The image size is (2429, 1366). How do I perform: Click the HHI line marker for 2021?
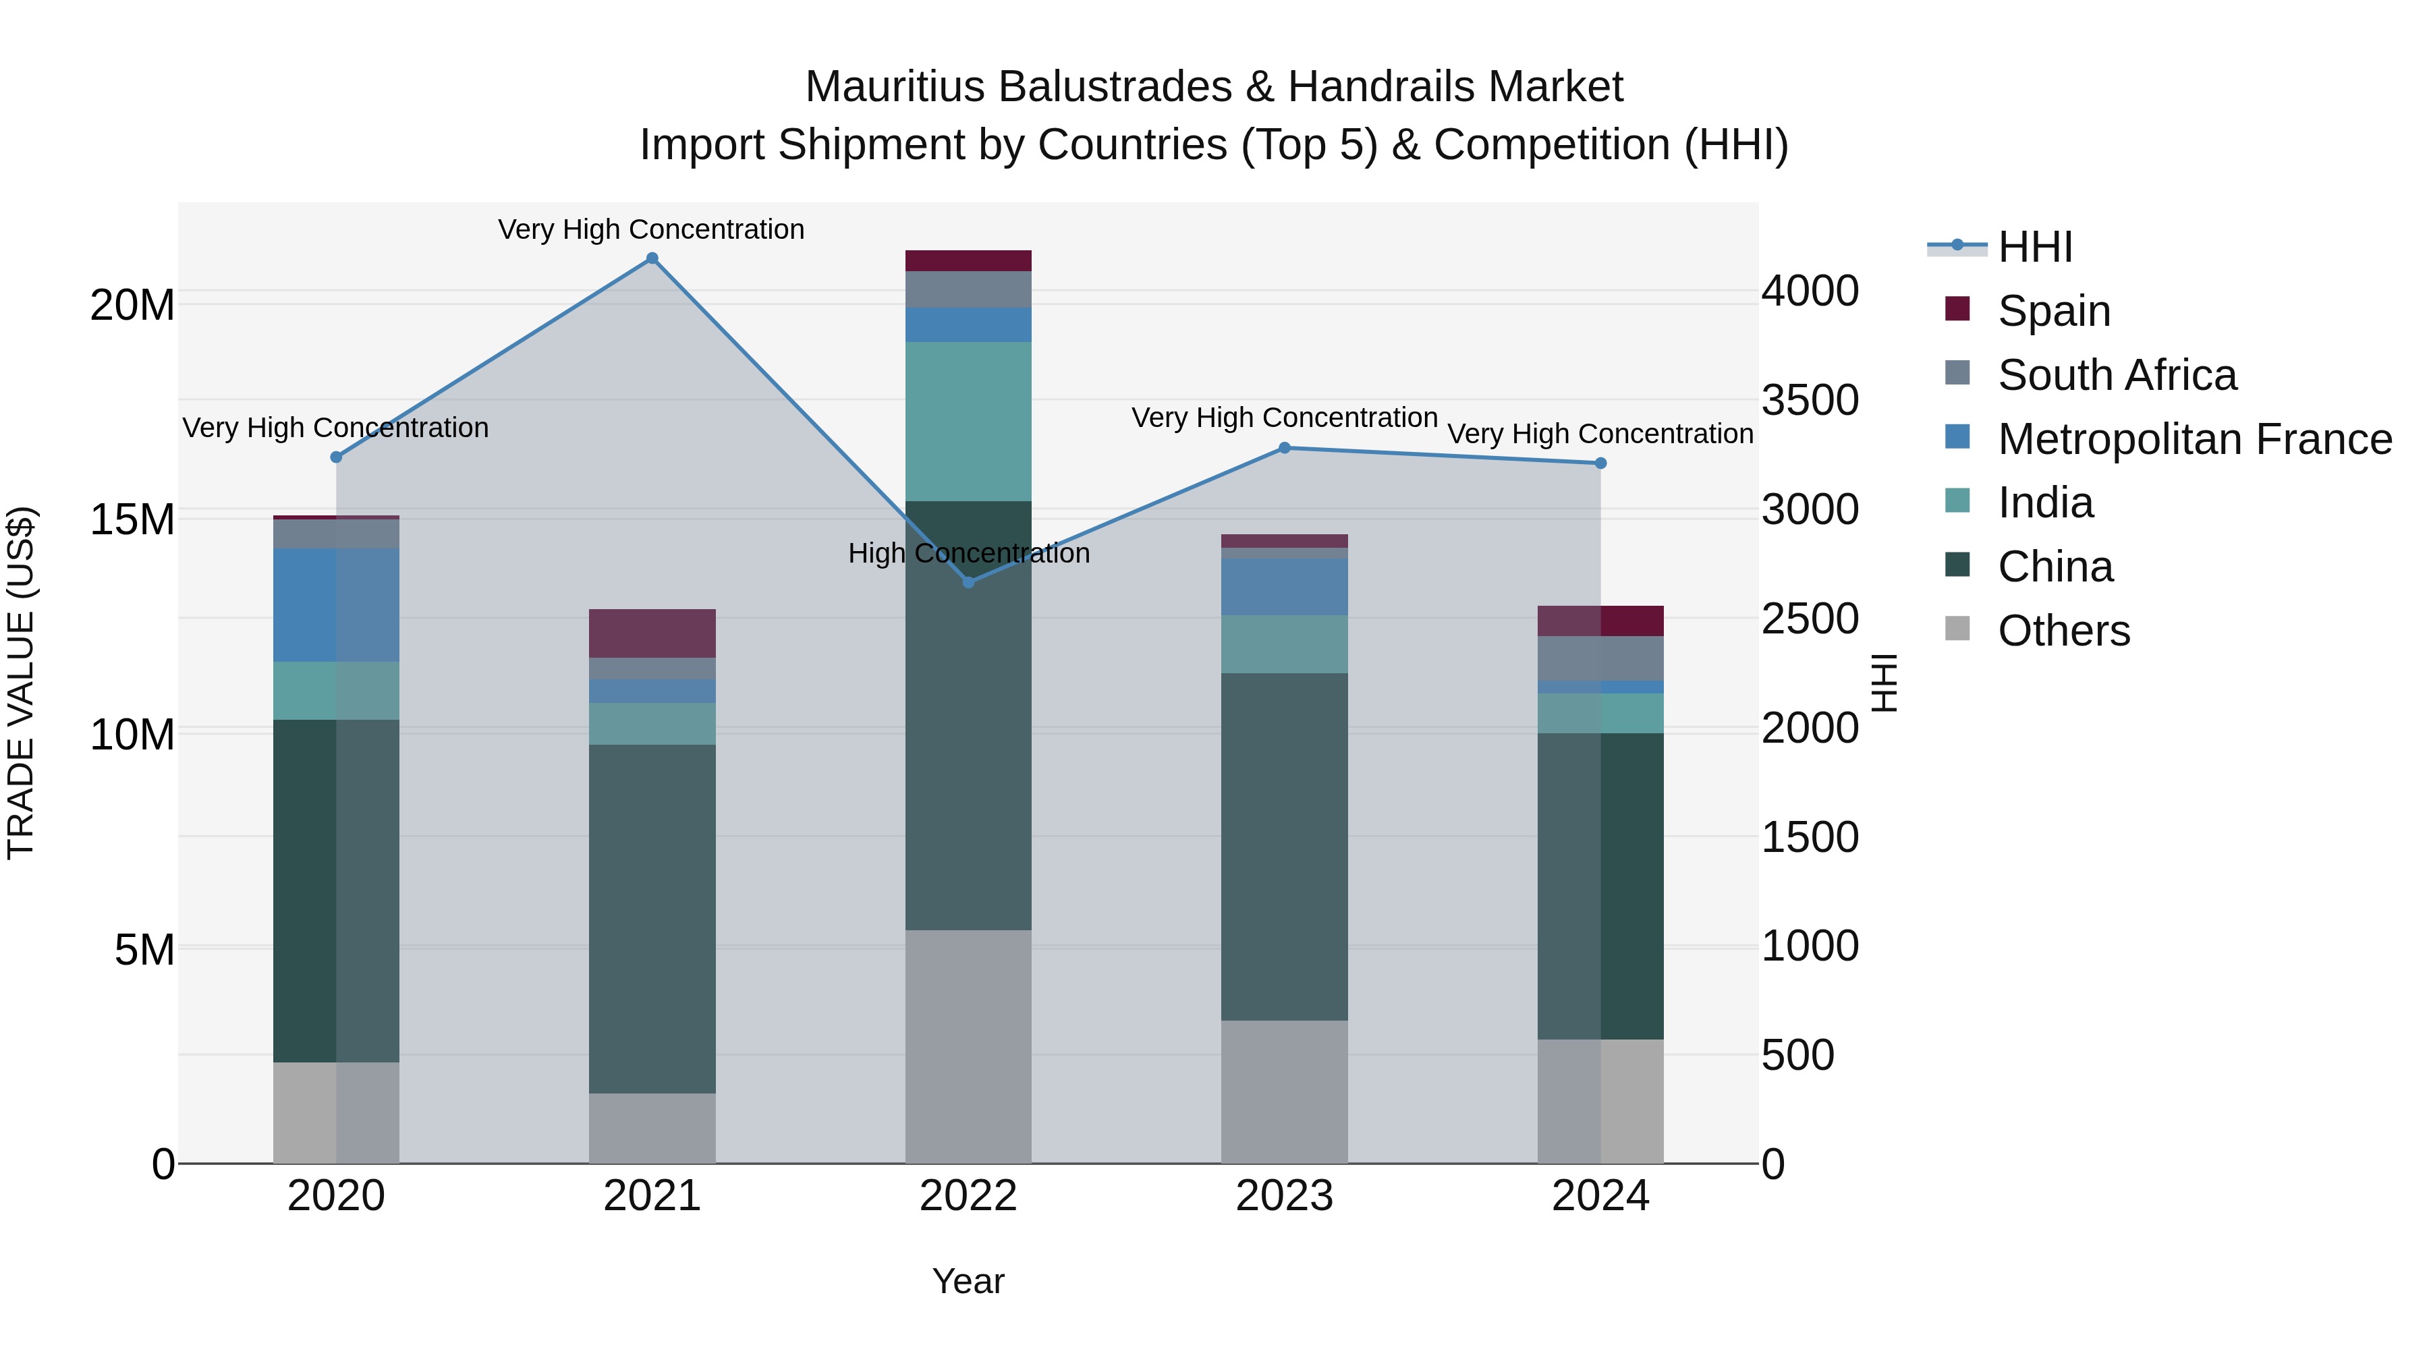pos(652,258)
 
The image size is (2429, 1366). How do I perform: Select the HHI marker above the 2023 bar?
pos(1284,448)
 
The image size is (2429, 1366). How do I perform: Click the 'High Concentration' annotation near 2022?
pos(968,553)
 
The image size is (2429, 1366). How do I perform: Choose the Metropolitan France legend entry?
pos(2194,439)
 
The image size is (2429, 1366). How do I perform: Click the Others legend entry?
pos(2063,631)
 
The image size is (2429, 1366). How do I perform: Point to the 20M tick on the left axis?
pos(132,306)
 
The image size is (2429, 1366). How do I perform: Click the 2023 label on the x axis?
pos(1284,1196)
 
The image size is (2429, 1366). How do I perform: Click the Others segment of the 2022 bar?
pos(968,1046)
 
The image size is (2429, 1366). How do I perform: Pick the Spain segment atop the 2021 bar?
pos(652,633)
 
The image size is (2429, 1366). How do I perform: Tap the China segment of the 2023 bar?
pos(1284,846)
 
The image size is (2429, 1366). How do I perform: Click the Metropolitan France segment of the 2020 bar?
pos(336,604)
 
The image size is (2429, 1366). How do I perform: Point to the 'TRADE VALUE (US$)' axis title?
pos(22,683)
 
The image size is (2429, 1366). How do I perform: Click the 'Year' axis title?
pos(968,1281)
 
